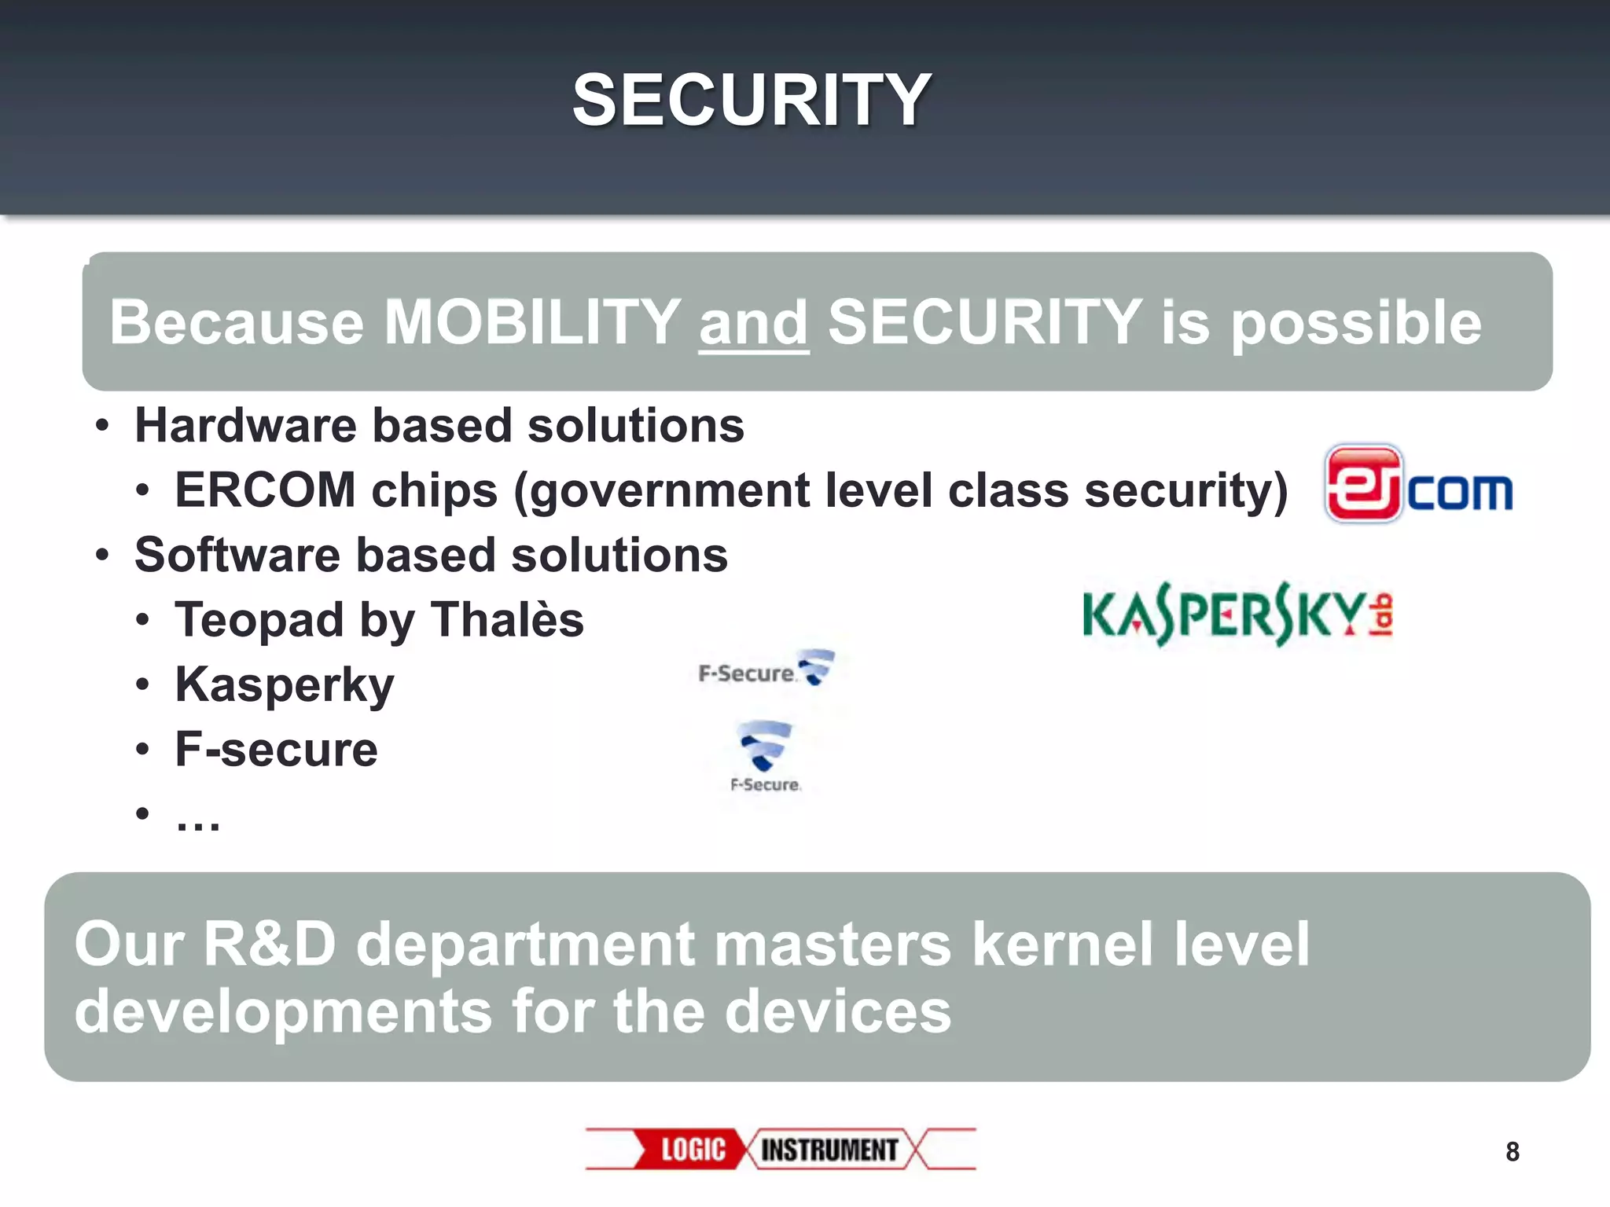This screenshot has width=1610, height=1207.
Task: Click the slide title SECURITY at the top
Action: pos(752,100)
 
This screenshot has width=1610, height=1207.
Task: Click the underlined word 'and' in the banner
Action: pos(753,323)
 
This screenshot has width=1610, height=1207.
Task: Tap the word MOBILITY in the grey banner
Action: pos(532,322)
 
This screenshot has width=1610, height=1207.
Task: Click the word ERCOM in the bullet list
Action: pos(265,490)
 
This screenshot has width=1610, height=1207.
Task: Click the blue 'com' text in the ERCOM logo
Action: pos(1460,492)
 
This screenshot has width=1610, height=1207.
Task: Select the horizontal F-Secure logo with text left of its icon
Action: pos(766,670)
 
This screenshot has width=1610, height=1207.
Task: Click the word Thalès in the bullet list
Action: pos(508,619)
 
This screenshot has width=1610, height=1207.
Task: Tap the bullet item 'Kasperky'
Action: pos(284,684)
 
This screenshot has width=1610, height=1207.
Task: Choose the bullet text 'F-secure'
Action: pos(276,749)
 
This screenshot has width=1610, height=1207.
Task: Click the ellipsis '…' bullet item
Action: pos(198,817)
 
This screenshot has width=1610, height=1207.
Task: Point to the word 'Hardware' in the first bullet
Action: pos(245,426)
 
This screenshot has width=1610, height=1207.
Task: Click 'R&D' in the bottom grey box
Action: pos(270,944)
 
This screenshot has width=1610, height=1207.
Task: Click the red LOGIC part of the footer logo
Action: pos(692,1150)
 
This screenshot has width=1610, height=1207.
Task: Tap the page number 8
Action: pos(1512,1152)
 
